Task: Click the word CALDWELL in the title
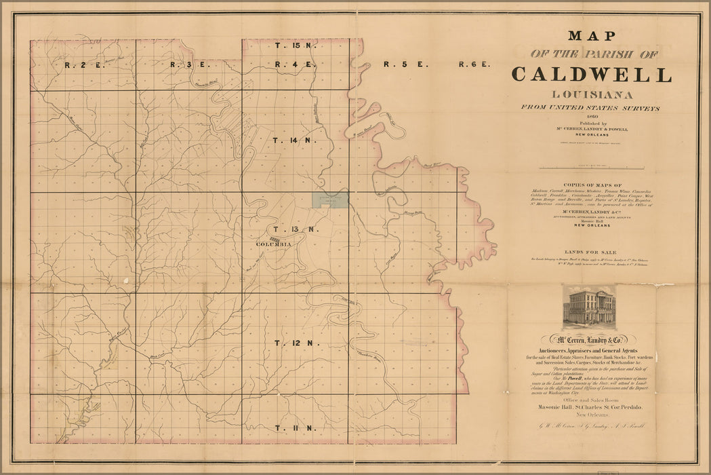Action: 592,74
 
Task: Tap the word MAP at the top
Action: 592,36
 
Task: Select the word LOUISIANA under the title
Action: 592,94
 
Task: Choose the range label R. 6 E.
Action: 474,65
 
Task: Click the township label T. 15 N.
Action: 296,45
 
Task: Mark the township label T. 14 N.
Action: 296,140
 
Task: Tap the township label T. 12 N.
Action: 296,343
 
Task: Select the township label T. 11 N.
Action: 296,428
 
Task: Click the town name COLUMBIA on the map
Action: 274,244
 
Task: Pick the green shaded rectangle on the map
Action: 330,199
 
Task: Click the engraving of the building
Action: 589,306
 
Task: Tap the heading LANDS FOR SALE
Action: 592,251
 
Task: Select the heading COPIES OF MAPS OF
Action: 592,185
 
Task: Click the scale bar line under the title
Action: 592,167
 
